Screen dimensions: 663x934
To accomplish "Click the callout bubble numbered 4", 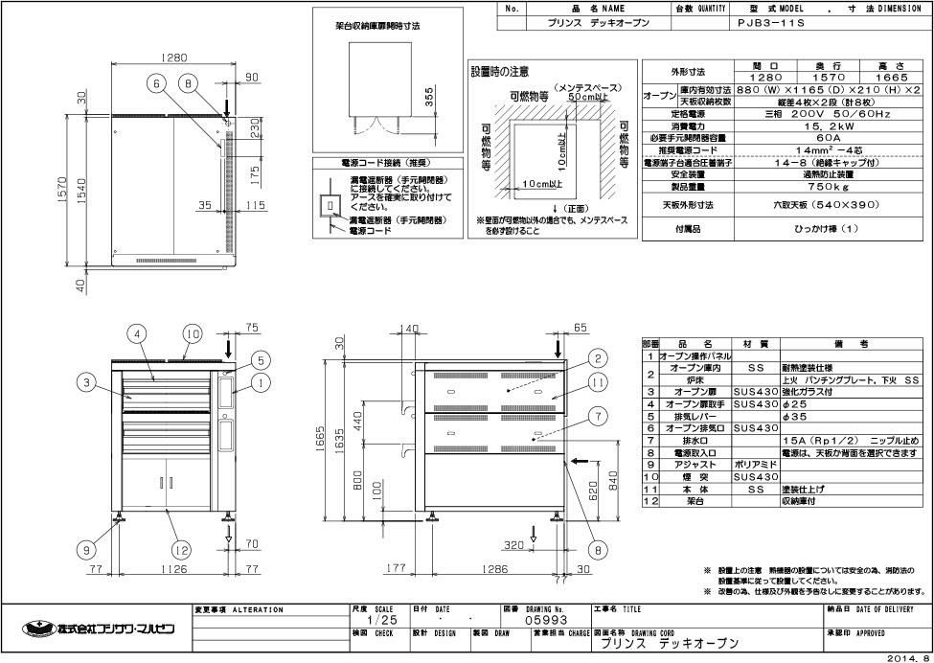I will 139,333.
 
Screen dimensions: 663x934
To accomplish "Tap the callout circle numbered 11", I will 597,383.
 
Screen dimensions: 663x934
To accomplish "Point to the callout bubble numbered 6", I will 155,83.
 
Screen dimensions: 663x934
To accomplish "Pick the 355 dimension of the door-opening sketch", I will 429,98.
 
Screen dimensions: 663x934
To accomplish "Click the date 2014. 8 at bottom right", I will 907,657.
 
